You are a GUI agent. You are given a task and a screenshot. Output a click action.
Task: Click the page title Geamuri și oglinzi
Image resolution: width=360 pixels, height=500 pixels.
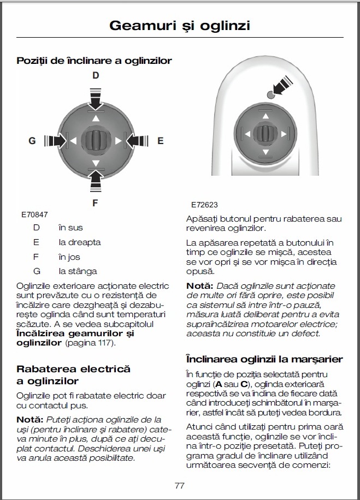click(x=180, y=25)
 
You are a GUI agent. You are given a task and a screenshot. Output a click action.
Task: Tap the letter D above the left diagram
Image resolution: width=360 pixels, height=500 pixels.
click(x=96, y=76)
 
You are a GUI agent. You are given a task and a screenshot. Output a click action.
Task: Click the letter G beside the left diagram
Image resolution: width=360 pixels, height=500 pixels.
click(x=32, y=141)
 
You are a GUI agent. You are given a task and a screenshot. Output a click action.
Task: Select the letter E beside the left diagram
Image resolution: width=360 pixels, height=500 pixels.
click(x=160, y=141)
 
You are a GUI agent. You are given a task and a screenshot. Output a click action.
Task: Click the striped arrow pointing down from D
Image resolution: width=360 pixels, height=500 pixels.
click(x=96, y=98)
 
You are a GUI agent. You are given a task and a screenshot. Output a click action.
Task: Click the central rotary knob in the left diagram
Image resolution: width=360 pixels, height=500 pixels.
click(x=96, y=140)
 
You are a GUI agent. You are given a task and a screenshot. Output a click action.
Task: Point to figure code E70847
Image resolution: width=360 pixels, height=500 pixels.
click(x=34, y=215)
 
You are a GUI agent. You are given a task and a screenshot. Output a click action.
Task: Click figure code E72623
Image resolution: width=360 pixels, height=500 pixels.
click(x=204, y=205)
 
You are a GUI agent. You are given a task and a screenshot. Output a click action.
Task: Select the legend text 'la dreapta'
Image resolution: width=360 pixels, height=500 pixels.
click(x=80, y=242)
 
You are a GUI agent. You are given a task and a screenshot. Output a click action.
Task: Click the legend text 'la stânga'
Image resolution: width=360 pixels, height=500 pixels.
click(x=78, y=271)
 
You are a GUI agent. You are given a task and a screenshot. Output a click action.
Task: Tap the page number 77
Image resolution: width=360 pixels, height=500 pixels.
click(x=180, y=485)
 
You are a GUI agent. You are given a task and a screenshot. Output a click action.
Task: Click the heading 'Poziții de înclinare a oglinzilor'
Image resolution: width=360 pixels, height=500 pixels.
click(x=95, y=61)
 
